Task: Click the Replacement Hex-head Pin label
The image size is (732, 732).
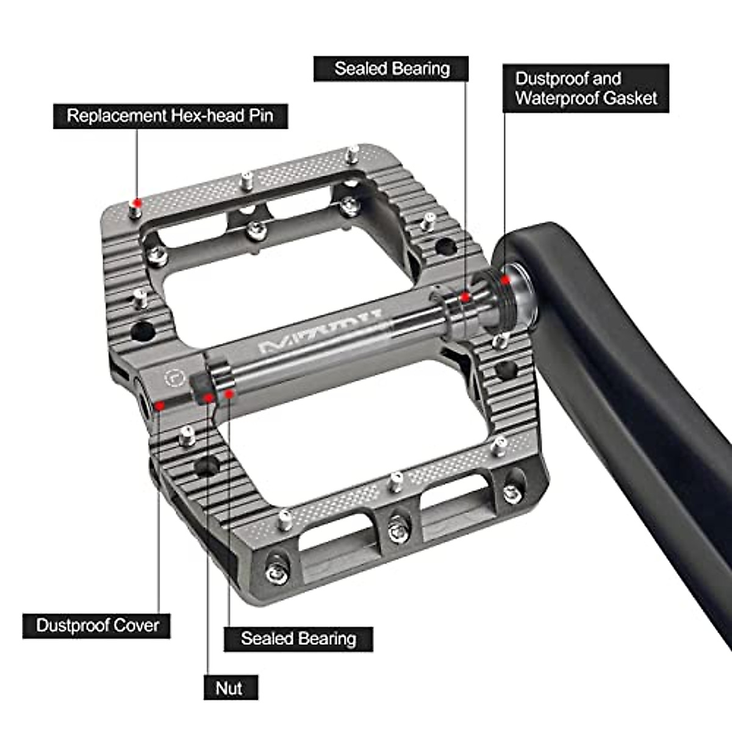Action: point(170,116)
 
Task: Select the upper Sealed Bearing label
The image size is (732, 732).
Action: point(391,69)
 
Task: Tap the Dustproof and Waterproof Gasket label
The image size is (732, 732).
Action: point(586,88)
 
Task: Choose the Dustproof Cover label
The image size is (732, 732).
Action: point(97,625)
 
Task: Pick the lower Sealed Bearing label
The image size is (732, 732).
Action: point(298,639)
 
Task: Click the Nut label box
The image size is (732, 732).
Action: point(230,688)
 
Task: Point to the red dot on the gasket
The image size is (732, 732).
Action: point(505,280)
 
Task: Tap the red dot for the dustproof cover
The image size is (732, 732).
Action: point(160,405)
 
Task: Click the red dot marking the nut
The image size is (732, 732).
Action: point(208,398)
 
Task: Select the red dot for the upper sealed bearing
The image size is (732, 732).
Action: point(465,297)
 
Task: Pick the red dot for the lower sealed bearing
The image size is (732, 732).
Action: point(229,393)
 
